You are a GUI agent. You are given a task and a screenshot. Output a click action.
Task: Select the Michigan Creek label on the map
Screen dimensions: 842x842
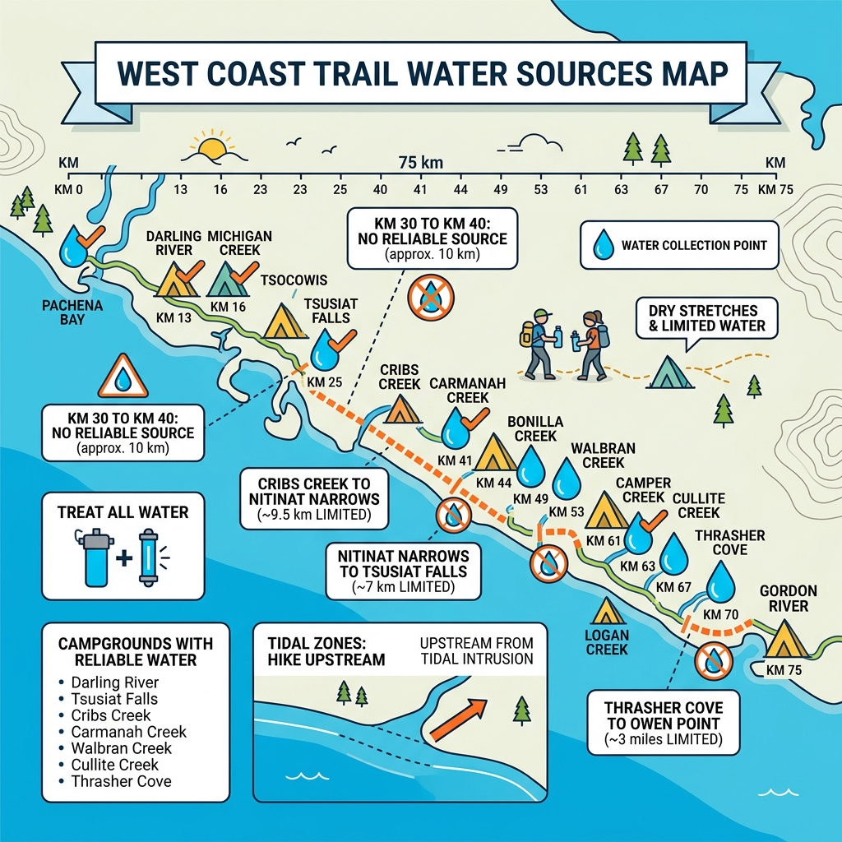coord(239,243)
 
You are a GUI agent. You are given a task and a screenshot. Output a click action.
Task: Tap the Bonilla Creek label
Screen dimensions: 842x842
coord(532,427)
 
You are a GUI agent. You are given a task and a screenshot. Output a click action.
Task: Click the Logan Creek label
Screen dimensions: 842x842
coord(607,642)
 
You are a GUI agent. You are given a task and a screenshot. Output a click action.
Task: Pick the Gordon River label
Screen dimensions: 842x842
coord(788,599)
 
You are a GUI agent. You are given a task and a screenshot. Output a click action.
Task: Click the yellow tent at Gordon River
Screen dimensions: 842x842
coord(788,638)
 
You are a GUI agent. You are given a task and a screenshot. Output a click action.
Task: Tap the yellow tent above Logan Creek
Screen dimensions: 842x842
coord(607,611)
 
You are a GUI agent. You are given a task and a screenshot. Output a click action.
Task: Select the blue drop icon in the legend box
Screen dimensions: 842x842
coord(604,244)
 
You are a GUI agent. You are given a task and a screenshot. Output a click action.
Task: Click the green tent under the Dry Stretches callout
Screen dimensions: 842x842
coord(671,372)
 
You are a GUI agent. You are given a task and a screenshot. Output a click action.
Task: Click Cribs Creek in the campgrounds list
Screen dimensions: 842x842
coord(111,715)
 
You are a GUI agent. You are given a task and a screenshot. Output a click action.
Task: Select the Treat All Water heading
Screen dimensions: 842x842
coord(123,512)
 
